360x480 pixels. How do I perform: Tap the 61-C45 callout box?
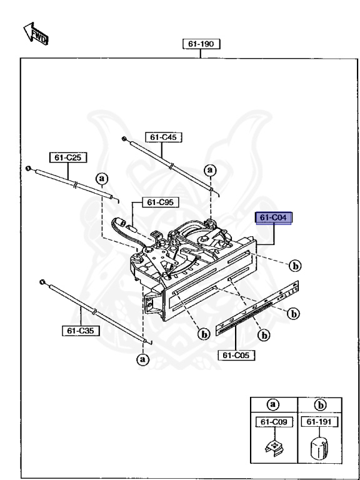163,136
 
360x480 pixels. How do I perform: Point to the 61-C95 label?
149,202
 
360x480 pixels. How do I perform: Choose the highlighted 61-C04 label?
275,217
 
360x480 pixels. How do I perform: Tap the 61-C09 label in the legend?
272,422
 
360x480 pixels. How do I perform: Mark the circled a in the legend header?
273,404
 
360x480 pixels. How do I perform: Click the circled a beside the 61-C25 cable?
101,179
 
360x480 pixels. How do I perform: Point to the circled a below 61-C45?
211,169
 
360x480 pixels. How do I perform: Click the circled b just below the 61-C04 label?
294,265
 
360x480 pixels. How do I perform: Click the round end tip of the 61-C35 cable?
41,283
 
